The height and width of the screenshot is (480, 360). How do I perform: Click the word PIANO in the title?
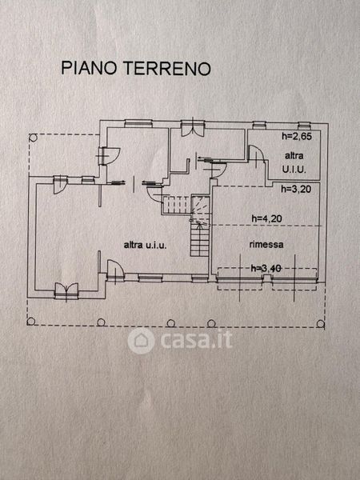[89, 68]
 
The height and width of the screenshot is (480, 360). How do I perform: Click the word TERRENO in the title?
[167, 68]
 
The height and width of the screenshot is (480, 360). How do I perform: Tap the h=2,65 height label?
[297, 136]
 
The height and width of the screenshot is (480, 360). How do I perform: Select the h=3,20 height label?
[296, 189]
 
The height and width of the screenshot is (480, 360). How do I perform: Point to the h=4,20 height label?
[266, 218]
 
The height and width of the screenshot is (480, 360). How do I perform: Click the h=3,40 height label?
[266, 269]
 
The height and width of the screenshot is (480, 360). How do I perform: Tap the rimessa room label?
[266, 245]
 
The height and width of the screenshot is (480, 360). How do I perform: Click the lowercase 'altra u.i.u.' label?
[145, 245]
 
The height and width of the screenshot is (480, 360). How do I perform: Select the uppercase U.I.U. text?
[294, 170]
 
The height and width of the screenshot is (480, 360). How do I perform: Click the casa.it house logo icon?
[141, 341]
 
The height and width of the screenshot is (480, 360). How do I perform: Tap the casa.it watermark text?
[196, 340]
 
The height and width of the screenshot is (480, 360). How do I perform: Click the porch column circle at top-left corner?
[33, 138]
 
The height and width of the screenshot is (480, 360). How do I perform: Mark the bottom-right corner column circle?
[321, 323]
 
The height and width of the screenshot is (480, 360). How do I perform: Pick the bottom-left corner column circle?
[31, 322]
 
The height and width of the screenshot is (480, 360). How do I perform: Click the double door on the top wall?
[193, 127]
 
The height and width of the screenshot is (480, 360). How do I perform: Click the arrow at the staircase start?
[200, 226]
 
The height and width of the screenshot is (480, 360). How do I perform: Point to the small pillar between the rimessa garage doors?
[267, 278]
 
